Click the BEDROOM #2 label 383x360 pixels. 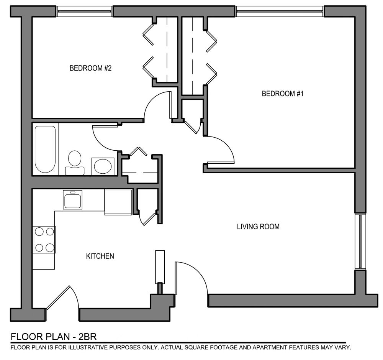click(x=90, y=68)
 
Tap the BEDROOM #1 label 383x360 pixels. click(x=283, y=94)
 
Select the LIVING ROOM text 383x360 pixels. click(x=258, y=227)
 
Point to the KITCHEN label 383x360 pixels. click(x=100, y=256)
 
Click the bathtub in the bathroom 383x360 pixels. click(x=45, y=149)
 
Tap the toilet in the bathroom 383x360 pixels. click(x=75, y=163)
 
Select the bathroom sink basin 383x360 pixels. click(x=103, y=166)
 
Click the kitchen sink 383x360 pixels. click(x=73, y=200)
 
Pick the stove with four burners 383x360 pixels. click(x=44, y=240)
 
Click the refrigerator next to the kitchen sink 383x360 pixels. click(x=118, y=202)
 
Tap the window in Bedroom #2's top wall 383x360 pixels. click(x=84, y=11)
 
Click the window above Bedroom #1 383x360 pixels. click(x=280, y=11)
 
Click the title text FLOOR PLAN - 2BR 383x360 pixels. click(x=54, y=337)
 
